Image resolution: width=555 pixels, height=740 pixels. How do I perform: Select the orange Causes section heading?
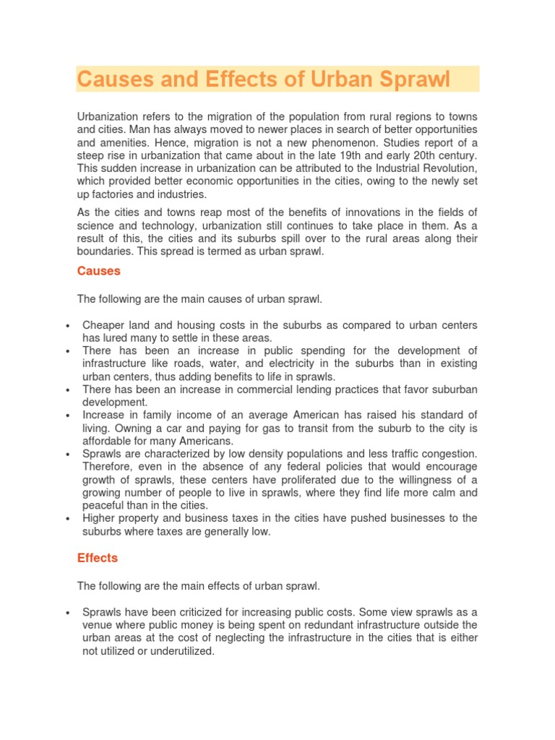point(98,271)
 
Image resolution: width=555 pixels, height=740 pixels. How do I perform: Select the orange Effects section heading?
point(97,558)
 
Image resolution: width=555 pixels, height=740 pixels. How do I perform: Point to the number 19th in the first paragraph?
point(340,155)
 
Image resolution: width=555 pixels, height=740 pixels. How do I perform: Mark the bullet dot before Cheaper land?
point(67,326)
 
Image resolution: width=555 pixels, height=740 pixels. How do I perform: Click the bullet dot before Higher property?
point(67,519)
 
